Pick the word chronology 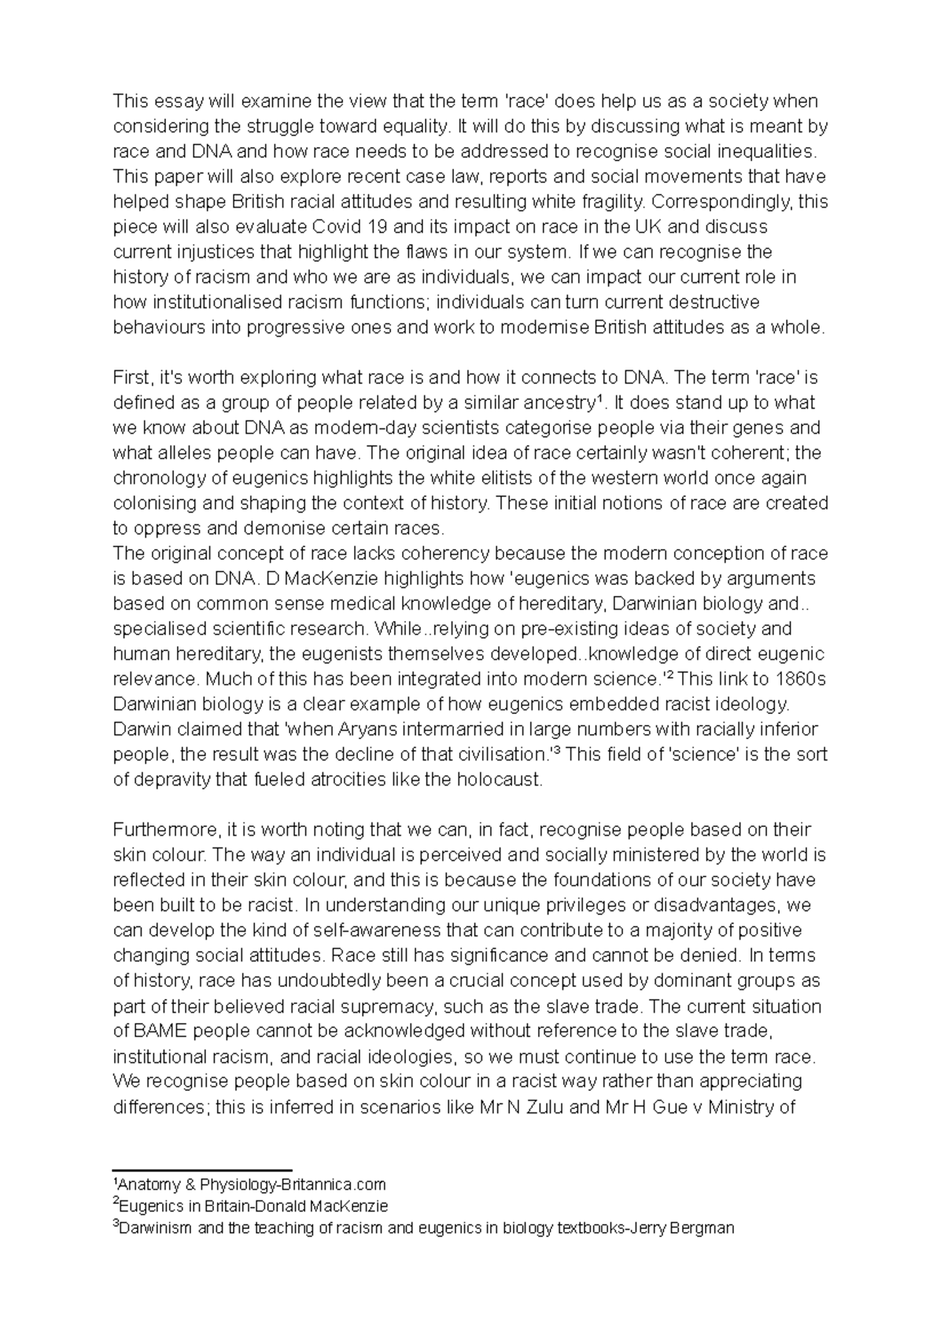161,478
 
